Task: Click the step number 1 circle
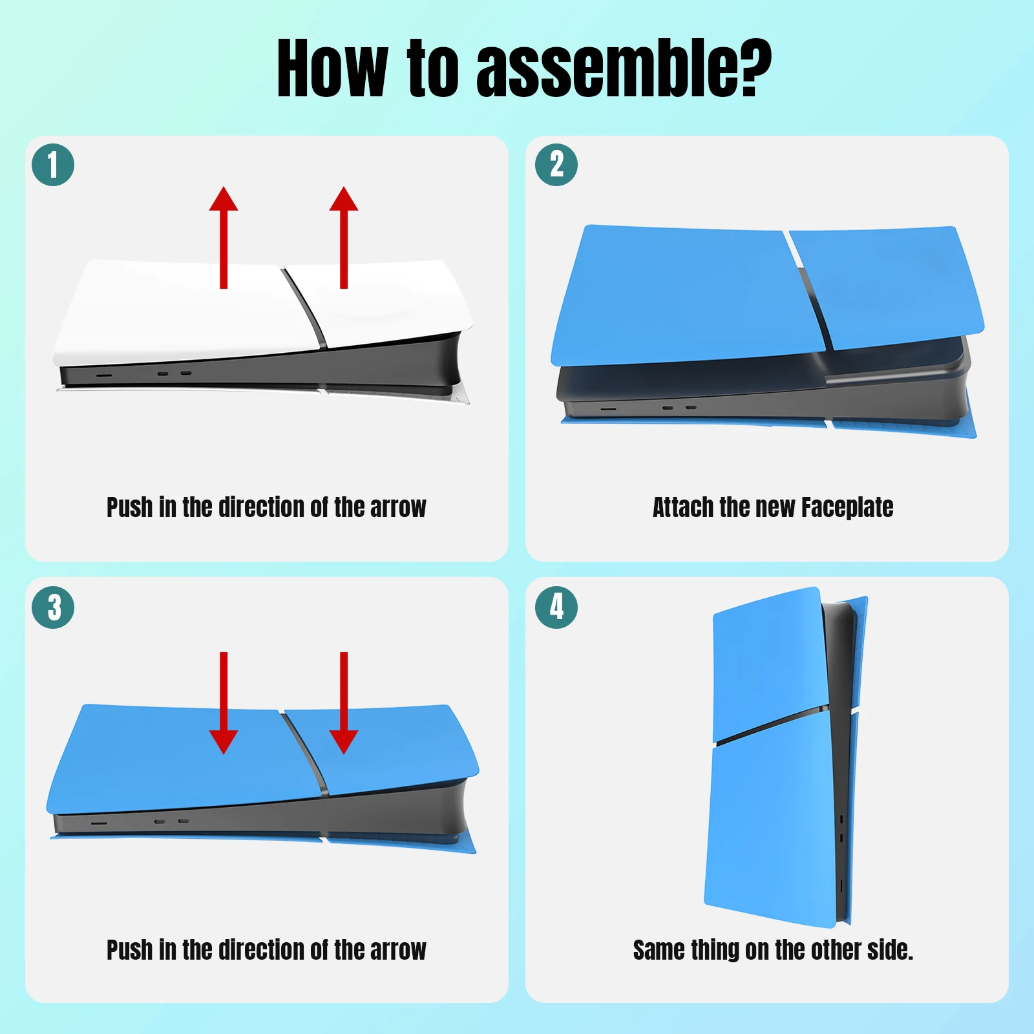point(53,165)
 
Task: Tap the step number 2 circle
point(556,165)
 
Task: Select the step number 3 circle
point(53,607)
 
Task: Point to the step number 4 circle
point(556,607)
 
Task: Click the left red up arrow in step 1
point(224,237)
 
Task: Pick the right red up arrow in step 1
point(344,237)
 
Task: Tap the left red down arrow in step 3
point(224,703)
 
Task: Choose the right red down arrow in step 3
point(344,703)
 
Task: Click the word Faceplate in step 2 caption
point(847,508)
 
